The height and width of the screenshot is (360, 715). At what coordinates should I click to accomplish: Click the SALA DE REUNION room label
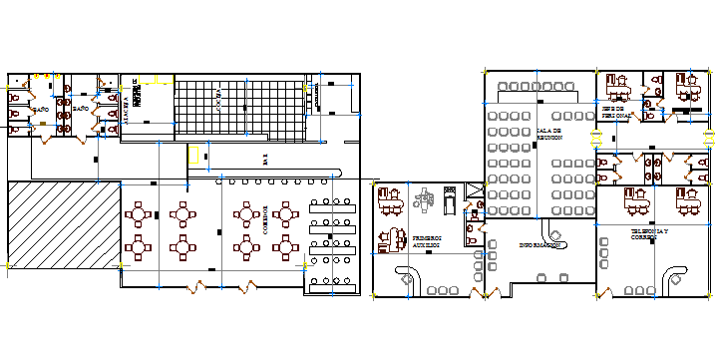click(x=549, y=134)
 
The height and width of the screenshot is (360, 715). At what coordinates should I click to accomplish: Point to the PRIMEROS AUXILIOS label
click(x=426, y=239)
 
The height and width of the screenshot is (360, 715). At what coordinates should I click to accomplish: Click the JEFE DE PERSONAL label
click(x=615, y=113)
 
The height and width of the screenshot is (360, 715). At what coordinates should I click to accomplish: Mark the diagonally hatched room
click(x=61, y=223)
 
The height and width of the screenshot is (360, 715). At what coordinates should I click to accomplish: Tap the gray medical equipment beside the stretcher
click(x=425, y=198)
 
